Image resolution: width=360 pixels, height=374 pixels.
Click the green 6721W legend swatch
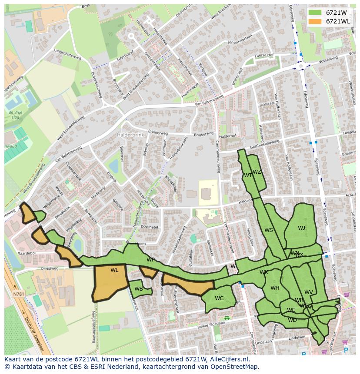tap(315, 13)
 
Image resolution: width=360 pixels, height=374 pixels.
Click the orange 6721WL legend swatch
tap(315, 21)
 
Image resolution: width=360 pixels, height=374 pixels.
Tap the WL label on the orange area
tap(114, 270)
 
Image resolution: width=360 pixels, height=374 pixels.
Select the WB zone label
tap(139, 289)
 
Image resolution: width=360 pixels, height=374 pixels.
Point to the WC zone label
tap(219, 298)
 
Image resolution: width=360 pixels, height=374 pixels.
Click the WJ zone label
tap(301, 228)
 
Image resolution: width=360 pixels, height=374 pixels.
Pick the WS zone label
tap(269, 230)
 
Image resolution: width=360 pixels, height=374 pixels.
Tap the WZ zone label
tap(257, 172)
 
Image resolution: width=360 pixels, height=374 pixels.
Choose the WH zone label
tap(275, 288)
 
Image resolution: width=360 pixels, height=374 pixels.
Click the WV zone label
tap(309, 292)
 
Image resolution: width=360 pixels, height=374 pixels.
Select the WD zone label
tap(292, 320)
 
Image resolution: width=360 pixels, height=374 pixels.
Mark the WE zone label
tap(291, 310)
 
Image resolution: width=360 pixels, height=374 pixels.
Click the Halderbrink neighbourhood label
tap(130, 135)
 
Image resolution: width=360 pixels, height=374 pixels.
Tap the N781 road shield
tap(19, 294)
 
